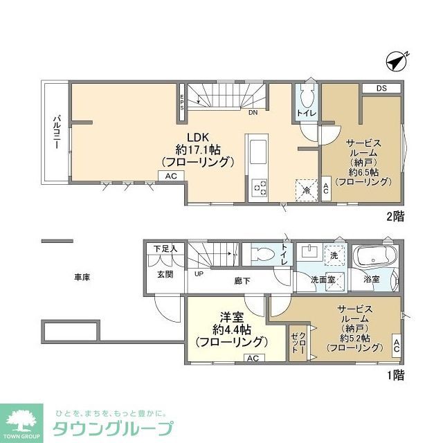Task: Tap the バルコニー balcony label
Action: [55, 131]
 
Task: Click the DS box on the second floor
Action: [381, 89]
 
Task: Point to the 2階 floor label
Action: [395, 216]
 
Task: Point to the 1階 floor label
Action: [395, 376]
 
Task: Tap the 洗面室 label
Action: [322, 280]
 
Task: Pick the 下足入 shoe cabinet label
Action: [165, 248]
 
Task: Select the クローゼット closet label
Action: [300, 344]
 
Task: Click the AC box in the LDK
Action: [170, 177]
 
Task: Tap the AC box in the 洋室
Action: [253, 358]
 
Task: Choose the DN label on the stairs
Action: [253, 113]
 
